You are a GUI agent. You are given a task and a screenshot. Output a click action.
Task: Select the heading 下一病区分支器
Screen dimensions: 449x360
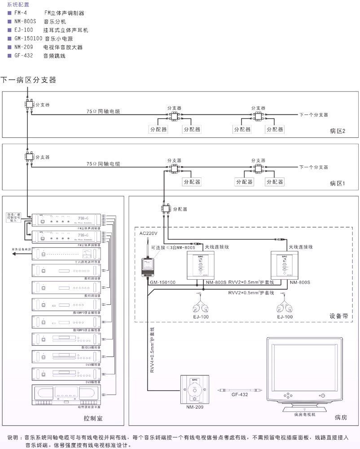pyautogui.click(x=28, y=80)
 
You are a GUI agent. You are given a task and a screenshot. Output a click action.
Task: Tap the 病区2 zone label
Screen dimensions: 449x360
pyautogui.click(x=337, y=131)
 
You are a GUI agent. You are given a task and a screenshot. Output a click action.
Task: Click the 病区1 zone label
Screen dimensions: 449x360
pyautogui.click(x=337, y=183)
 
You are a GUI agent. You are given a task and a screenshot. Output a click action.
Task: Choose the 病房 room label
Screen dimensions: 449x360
pyautogui.click(x=341, y=418)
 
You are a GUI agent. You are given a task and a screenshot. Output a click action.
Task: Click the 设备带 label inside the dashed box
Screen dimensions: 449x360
pyautogui.click(x=339, y=315)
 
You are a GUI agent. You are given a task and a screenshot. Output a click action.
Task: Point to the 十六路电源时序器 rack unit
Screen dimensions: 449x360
pyautogui.click(x=66, y=254)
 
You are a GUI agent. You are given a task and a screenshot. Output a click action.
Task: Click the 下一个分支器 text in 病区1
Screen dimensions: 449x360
pyautogui.click(x=314, y=167)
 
